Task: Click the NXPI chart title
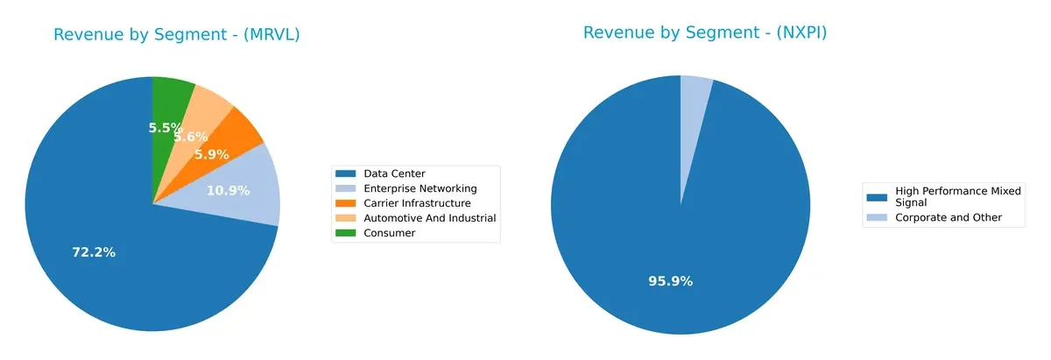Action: click(705, 33)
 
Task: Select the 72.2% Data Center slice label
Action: click(94, 252)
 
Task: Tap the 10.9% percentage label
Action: click(228, 190)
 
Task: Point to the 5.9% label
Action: click(211, 154)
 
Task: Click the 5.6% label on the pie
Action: click(190, 137)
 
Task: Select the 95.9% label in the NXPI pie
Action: click(671, 281)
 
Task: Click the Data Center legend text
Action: click(394, 174)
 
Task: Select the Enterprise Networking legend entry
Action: click(420, 188)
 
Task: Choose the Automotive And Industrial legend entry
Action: click(429, 218)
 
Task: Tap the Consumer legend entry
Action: click(389, 233)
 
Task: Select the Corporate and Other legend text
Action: click(947, 217)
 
